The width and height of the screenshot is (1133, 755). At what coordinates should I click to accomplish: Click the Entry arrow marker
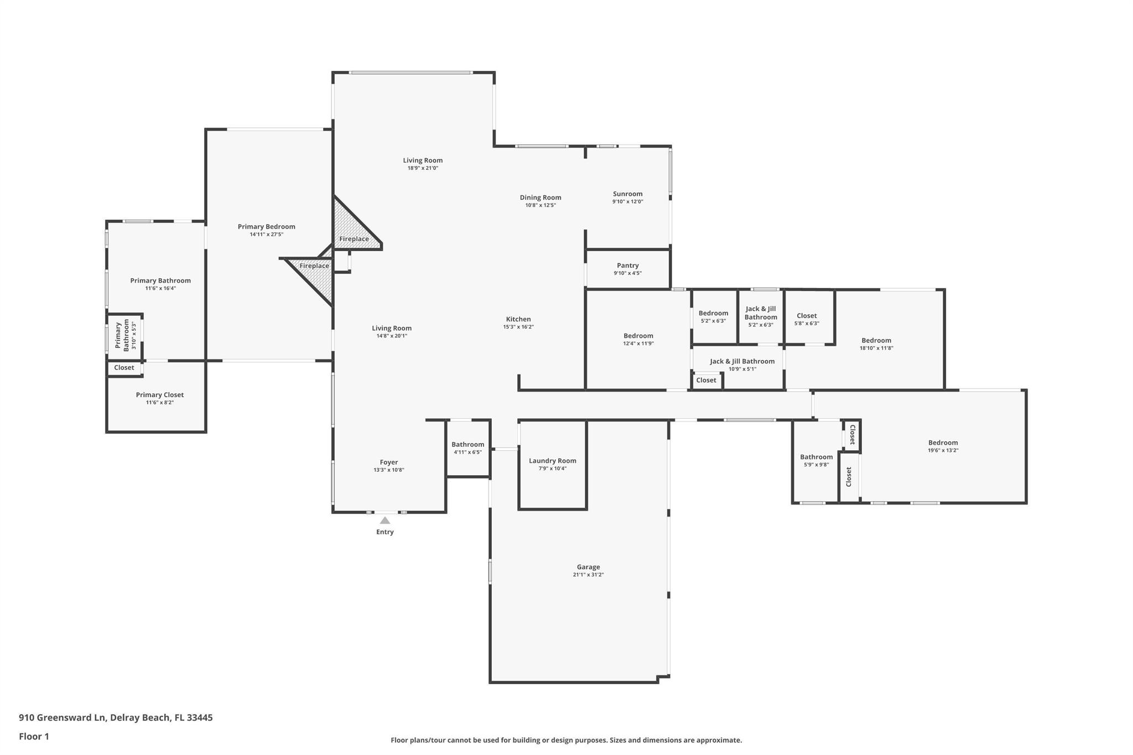[x=385, y=520]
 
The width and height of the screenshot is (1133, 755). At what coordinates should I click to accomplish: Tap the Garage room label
[x=588, y=567]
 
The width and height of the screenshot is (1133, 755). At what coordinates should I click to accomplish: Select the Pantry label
[x=627, y=265]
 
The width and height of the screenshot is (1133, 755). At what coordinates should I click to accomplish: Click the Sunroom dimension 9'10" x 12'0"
[x=627, y=202]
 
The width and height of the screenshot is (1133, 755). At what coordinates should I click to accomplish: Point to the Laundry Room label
[x=552, y=461]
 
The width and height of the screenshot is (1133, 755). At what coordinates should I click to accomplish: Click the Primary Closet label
[x=159, y=395]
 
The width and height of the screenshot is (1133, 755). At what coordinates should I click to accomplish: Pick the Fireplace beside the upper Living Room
[x=354, y=239]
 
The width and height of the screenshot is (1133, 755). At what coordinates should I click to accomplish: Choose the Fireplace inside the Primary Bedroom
[x=314, y=266]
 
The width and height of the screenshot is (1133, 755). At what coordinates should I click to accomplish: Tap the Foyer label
[x=388, y=462]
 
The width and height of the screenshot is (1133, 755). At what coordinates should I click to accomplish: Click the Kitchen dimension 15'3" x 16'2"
[x=518, y=327]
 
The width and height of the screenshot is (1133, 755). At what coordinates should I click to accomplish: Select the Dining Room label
[x=540, y=197]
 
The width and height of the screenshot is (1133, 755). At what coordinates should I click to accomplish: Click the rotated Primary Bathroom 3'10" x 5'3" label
[x=122, y=335]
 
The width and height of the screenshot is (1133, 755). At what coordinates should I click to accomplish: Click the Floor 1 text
[x=34, y=737]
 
